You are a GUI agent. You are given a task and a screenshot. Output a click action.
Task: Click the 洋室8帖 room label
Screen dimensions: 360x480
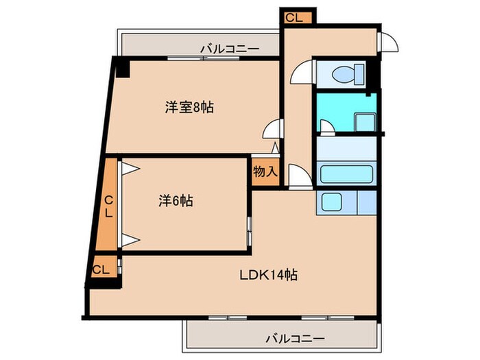[x=189, y=108]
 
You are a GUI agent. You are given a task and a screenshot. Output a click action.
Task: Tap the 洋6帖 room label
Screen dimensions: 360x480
[x=176, y=201]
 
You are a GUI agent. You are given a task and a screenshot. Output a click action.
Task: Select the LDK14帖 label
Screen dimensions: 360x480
[x=267, y=275]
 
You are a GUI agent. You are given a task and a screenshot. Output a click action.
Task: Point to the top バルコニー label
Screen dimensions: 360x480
[x=230, y=49]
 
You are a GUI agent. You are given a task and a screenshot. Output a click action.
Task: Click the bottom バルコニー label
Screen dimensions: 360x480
[x=295, y=338]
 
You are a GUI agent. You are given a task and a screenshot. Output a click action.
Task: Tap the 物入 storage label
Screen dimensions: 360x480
[x=265, y=171]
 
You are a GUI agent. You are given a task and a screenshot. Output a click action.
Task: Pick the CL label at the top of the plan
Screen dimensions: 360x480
[x=294, y=18]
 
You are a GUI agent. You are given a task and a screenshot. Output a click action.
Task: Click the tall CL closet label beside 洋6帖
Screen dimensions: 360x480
[x=109, y=204]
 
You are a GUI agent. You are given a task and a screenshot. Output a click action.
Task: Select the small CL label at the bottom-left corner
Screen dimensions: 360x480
[x=101, y=269]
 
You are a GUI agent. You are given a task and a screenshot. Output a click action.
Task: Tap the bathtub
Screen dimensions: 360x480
[x=346, y=174]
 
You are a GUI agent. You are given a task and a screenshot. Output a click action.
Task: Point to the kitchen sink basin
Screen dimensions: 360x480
[x=332, y=202]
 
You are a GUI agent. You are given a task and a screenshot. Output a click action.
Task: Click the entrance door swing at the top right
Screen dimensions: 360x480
[x=389, y=42]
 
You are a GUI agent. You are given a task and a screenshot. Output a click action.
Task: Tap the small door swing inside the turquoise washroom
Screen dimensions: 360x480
[x=327, y=125]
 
